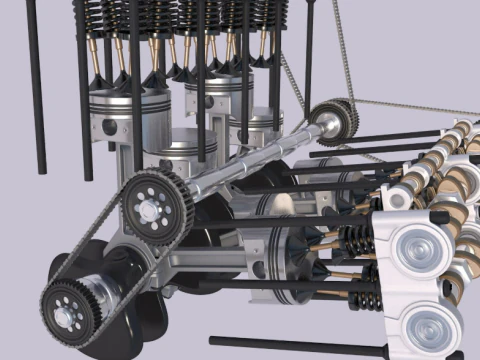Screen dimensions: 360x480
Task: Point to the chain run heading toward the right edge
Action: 420,105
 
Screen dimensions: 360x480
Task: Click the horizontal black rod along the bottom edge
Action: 300,346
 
